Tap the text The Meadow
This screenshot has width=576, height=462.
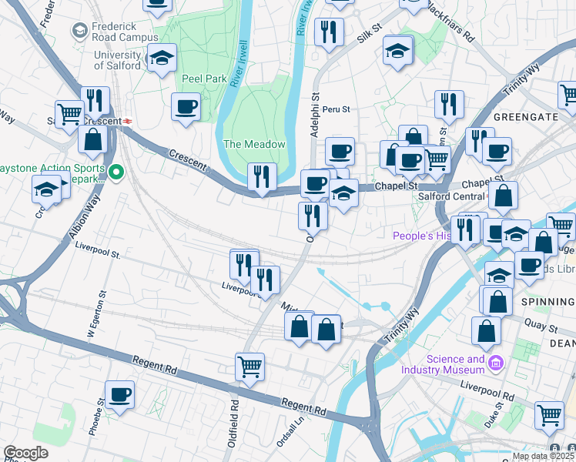(254, 144)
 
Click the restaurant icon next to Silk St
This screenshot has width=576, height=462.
(329, 32)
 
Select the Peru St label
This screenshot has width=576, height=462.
(336, 109)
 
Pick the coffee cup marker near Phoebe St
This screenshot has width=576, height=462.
(119, 395)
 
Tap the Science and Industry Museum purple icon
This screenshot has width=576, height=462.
(495, 362)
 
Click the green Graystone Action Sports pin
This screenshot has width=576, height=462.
(116, 172)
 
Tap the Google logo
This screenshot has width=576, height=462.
(25, 453)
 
